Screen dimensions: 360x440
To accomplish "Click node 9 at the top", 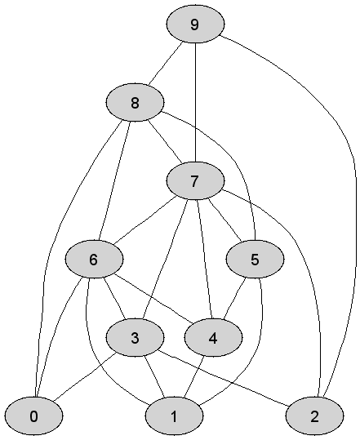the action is click(x=195, y=24).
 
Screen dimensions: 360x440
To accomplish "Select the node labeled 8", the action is click(x=135, y=102).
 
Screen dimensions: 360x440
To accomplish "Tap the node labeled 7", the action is click(x=195, y=180).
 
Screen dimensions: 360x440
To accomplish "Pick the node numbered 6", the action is click(x=94, y=259).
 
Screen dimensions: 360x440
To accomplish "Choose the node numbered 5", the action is click(x=255, y=259).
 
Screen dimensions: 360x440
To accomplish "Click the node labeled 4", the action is click(x=213, y=338).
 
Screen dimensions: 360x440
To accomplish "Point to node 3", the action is click(x=135, y=338).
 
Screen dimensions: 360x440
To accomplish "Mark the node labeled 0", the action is click(x=33, y=416).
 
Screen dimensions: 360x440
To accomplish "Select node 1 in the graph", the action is click(x=174, y=416).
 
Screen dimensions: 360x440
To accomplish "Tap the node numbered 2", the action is click(x=314, y=416).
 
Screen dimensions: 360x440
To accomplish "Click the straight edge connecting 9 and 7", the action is click(x=195, y=102).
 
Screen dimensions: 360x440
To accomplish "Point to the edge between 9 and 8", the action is click(x=166, y=63).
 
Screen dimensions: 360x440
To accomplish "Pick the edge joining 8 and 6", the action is click(x=114, y=180).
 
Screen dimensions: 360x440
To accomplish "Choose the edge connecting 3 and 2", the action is click(x=224, y=378).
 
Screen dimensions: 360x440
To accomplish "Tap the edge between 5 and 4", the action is click(x=234, y=298).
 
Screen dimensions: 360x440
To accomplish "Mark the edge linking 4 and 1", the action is click(x=194, y=377).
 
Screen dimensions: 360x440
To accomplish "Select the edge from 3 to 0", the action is click(x=85, y=376).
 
